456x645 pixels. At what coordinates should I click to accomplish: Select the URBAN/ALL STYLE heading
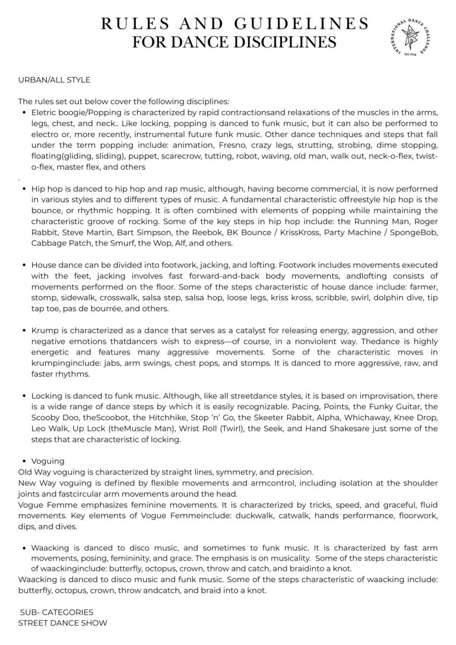[x=54, y=78]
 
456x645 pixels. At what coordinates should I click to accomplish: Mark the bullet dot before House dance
[x=23, y=265]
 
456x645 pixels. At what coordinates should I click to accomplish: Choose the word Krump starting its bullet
[x=44, y=330]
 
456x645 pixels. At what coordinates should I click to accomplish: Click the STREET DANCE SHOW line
[x=63, y=623]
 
